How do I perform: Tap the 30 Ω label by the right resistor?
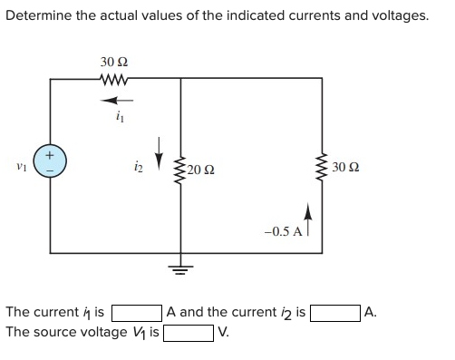(x=348, y=166)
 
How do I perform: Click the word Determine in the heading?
(x=38, y=15)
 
